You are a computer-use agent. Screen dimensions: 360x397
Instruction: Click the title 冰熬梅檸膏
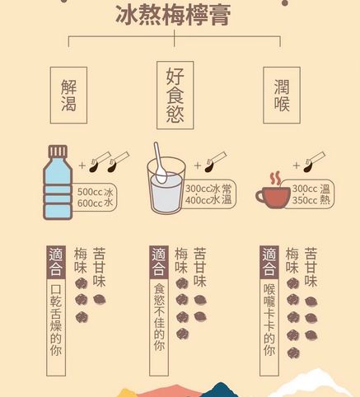click(173, 15)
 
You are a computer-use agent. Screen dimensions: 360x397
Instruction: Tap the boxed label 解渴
click(68, 96)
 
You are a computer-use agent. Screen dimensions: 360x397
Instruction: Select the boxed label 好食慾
click(175, 96)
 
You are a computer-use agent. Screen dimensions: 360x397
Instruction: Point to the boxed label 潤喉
click(282, 96)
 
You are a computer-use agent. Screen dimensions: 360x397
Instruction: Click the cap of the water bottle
click(58, 152)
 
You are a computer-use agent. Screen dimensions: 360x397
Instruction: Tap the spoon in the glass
click(160, 162)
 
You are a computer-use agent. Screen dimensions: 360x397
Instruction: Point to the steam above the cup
click(275, 179)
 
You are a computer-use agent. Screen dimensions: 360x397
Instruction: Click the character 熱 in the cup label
click(325, 200)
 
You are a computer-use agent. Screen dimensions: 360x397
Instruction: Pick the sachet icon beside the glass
click(216, 162)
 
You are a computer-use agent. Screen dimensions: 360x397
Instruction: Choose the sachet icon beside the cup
click(314, 162)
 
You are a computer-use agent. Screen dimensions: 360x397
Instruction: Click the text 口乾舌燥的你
click(56, 320)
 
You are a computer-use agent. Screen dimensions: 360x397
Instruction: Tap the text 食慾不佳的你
click(159, 316)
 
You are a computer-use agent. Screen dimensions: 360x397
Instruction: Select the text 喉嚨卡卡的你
click(269, 320)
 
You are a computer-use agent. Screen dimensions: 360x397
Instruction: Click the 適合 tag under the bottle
click(56, 262)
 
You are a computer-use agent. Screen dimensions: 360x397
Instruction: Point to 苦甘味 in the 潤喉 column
click(311, 267)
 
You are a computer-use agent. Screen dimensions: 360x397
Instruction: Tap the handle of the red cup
click(259, 197)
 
